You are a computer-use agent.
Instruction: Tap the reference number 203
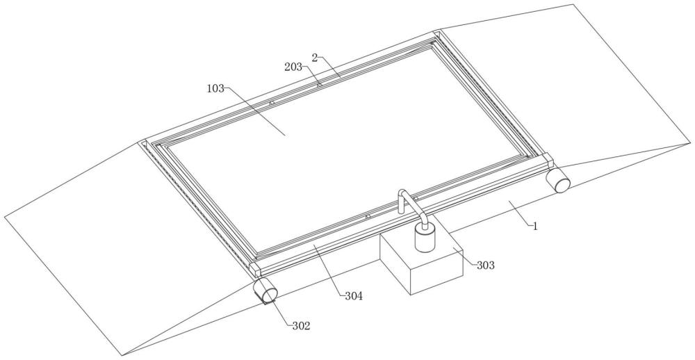(x=293, y=67)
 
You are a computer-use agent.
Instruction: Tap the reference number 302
(x=300, y=325)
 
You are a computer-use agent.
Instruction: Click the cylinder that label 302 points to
(x=264, y=291)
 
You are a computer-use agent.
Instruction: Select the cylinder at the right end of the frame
(x=557, y=181)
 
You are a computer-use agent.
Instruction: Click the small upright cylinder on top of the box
(x=425, y=237)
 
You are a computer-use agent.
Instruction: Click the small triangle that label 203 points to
(x=319, y=85)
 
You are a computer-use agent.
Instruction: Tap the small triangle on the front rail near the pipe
(x=368, y=216)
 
